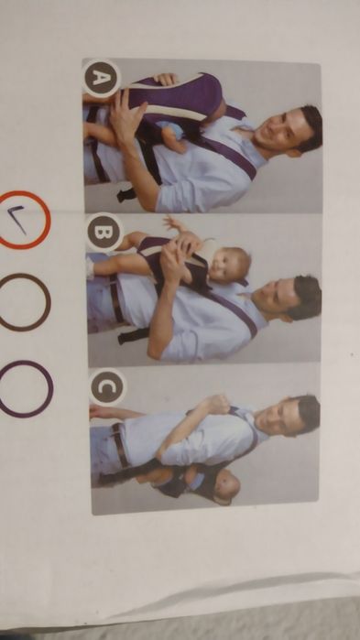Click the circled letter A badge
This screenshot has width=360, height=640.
pos(100,78)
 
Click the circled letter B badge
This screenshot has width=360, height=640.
pos(103,232)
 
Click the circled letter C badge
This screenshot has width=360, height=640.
pos(106,387)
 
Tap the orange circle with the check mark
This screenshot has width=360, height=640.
pos(23,220)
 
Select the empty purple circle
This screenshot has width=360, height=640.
pos(26,388)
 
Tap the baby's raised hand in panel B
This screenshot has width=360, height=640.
pos(172,222)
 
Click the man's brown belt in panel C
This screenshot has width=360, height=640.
pos(118,444)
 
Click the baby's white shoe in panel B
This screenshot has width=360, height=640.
pos(90,267)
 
